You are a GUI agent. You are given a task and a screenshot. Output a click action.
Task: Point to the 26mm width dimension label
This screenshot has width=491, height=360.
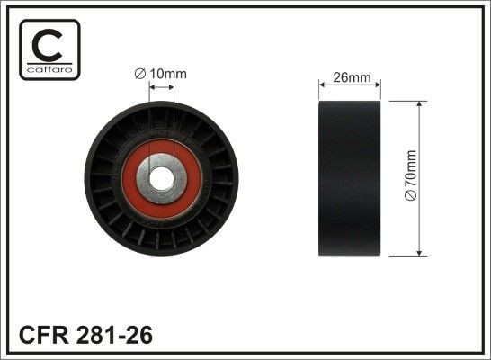(352, 77)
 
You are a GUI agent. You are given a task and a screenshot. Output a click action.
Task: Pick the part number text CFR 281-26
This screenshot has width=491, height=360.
(85, 336)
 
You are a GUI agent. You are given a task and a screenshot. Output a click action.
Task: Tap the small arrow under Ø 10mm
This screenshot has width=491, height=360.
(162, 88)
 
